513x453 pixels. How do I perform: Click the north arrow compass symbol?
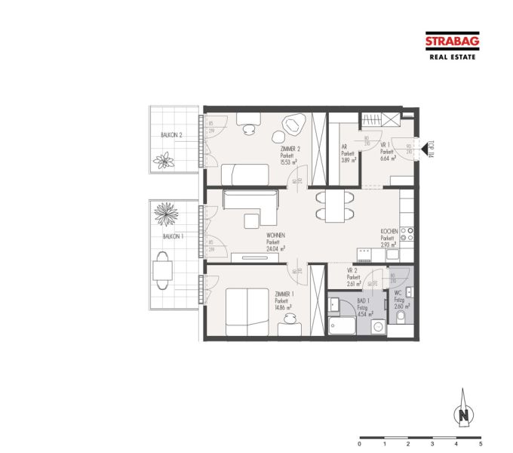[x=465, y=413]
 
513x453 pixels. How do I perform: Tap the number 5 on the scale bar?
[x=480, y=445]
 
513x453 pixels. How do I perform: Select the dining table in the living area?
[x=332, y=205]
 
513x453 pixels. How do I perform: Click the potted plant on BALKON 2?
[x=162, y=159]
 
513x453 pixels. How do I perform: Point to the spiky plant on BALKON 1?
[x=164, y=214]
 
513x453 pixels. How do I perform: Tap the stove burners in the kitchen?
[x=407, y=236]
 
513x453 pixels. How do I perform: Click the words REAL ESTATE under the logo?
[x=452, y=57]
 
